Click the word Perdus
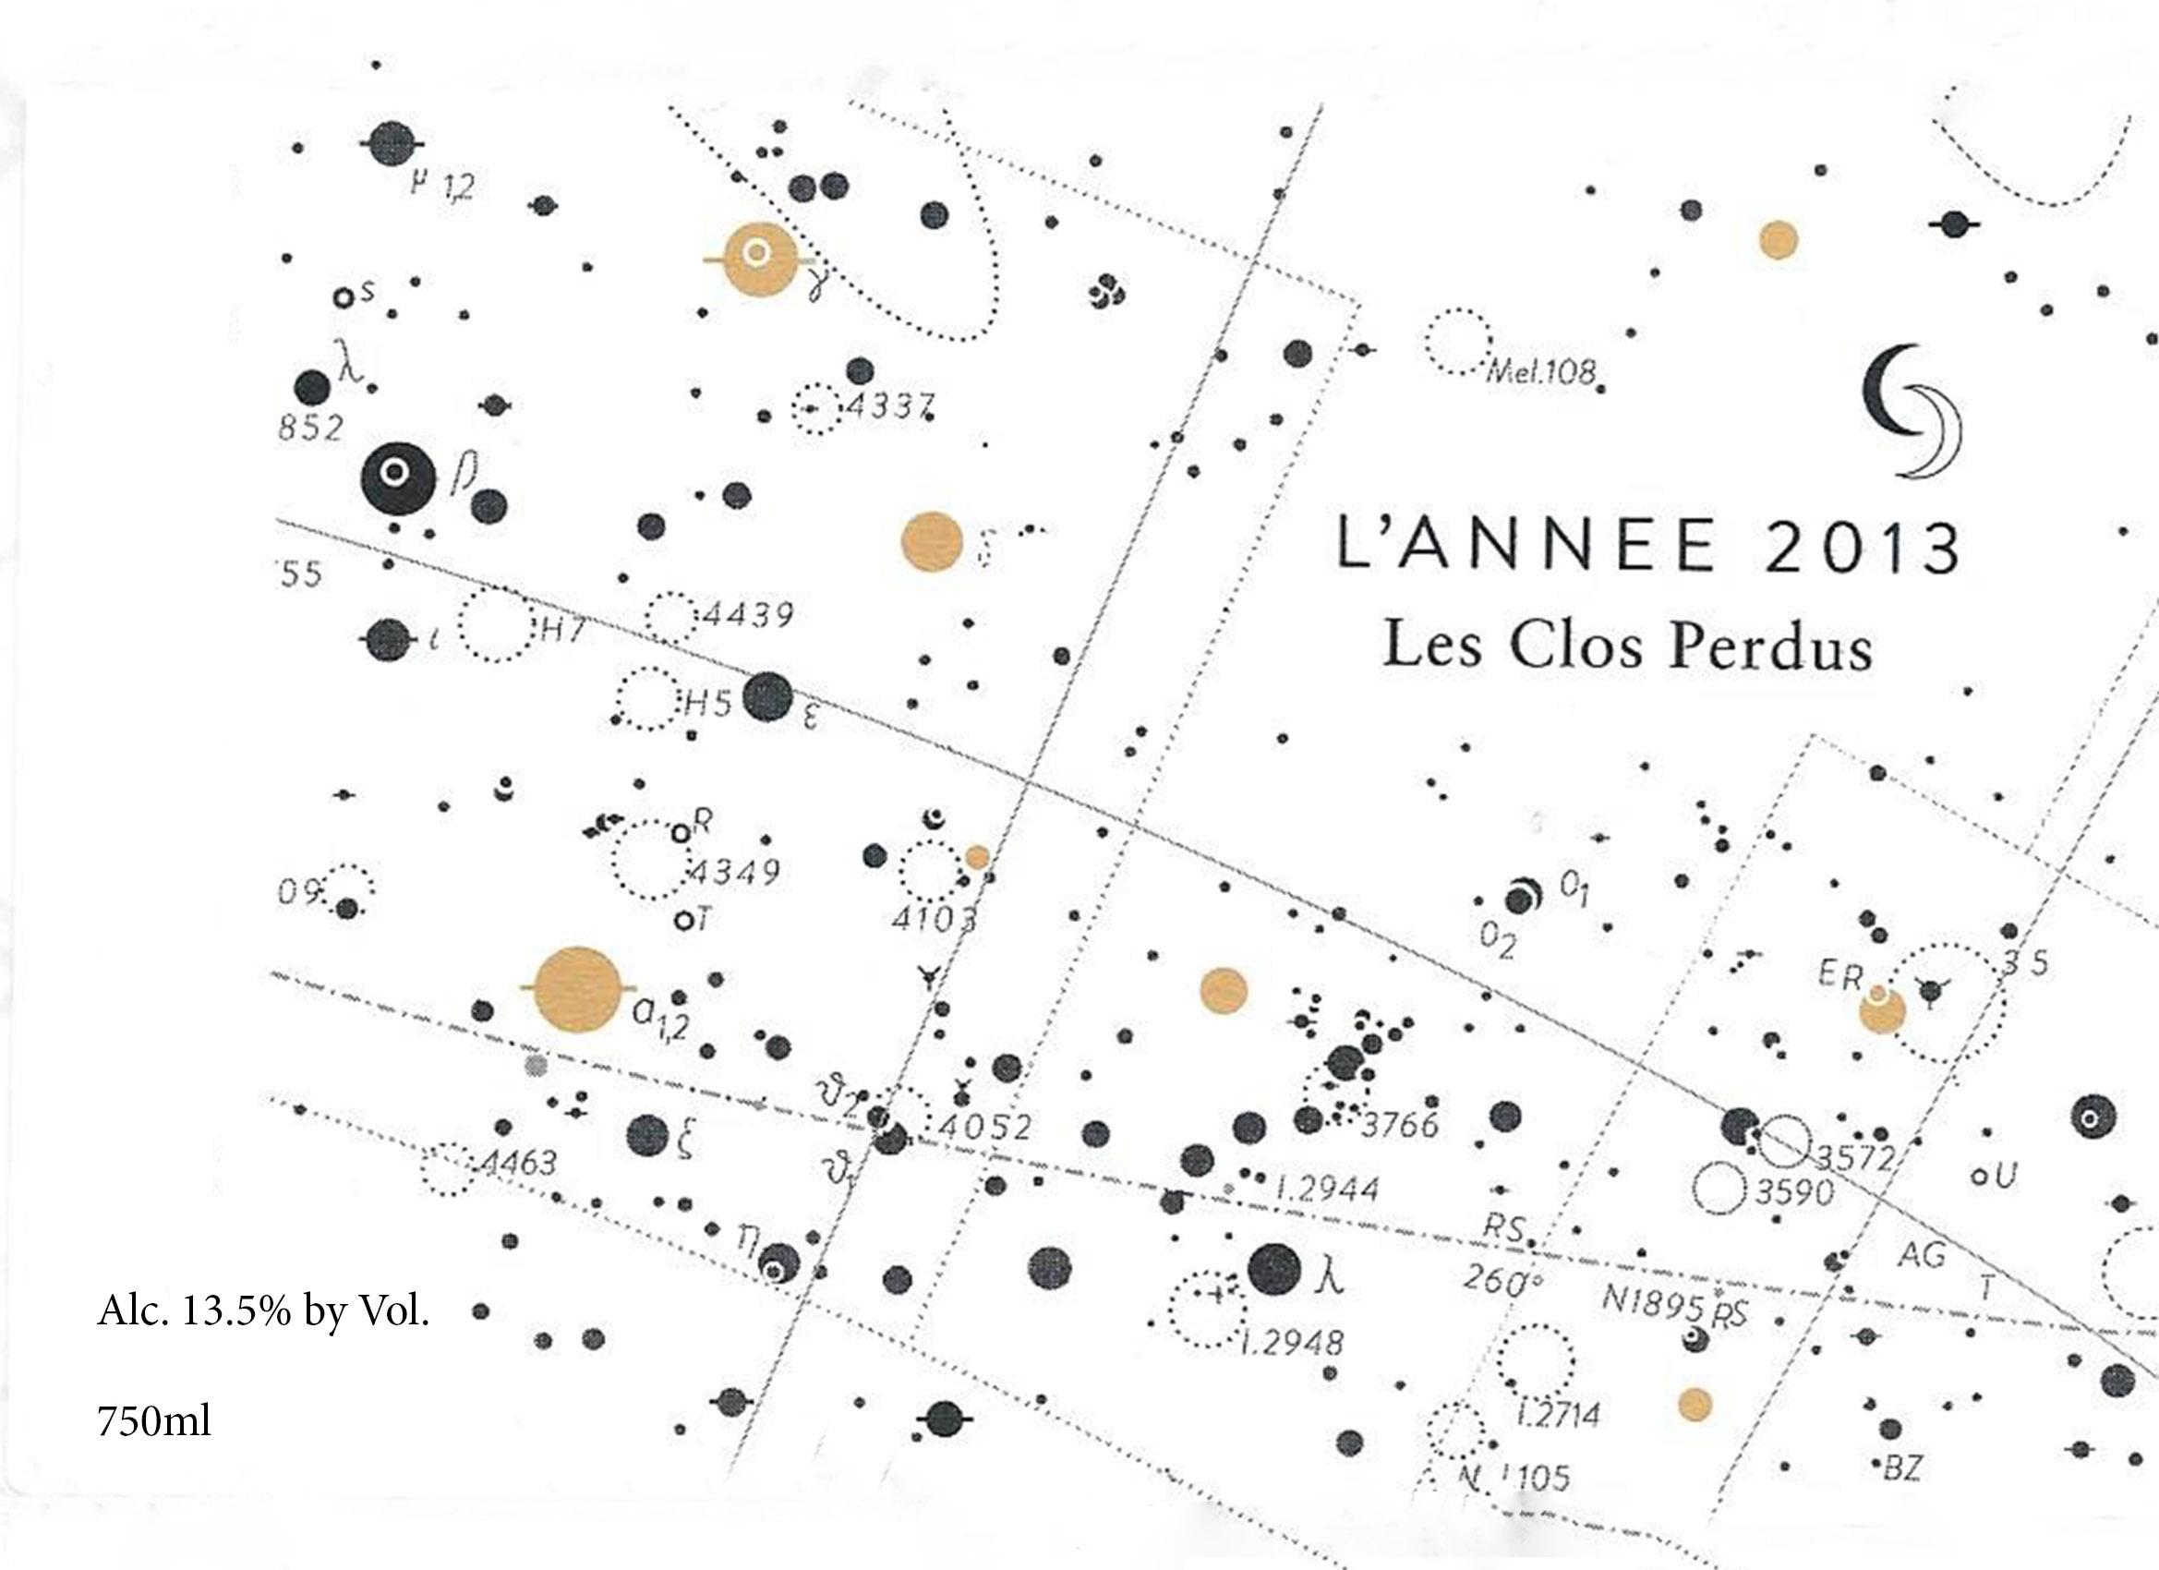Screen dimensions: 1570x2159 coord(1771,647)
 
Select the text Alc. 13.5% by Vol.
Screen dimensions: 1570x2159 coord(264,1312)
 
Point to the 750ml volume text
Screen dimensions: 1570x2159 coord(154,1421)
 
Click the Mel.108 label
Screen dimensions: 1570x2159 coord(1540,370)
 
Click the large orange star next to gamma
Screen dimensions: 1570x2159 coord(759,258)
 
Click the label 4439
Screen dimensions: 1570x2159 coord(747,614)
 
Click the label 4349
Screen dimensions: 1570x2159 coord(735,871)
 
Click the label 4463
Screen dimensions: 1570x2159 coord(519,1163)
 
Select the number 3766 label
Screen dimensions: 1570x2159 coord(1398,1127)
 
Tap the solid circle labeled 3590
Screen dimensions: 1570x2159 coord(1719,1190)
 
